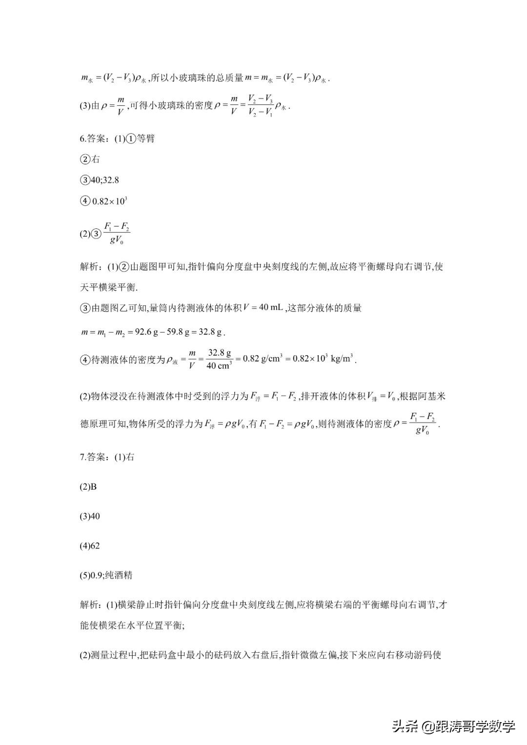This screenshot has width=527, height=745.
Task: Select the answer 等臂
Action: pos(146,139)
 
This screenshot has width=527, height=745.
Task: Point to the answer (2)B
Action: pos(88,486)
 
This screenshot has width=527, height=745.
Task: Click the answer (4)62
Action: pos(89,546)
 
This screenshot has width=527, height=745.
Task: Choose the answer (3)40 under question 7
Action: pos(89,516)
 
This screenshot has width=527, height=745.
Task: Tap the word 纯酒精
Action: pos(118,575)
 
